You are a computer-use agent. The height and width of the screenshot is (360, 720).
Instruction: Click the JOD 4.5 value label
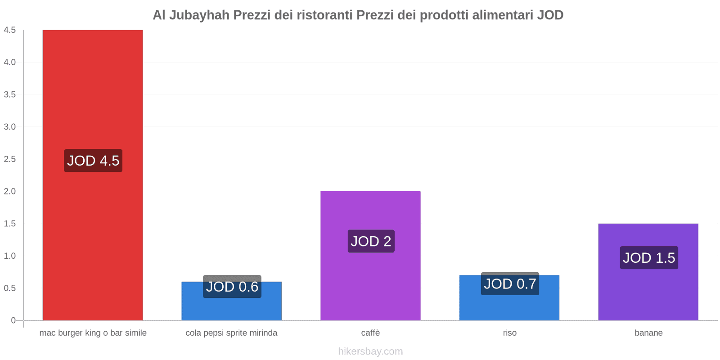(93, 161)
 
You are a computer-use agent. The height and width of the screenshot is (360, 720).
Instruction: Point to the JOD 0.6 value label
(232, 287)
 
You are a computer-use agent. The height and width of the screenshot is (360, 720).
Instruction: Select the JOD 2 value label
(371, 241)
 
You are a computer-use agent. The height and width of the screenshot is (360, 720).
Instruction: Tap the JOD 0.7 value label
(510, 284)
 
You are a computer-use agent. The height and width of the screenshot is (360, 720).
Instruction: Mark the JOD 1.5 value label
(649, 258)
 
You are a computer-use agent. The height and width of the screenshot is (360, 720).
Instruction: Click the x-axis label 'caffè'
(370, 333)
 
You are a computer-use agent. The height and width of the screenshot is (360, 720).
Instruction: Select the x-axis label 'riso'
(510, 333)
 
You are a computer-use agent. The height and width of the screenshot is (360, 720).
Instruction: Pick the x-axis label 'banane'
(648, 333)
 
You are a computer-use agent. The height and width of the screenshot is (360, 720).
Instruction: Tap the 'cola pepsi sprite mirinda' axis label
(231, 333)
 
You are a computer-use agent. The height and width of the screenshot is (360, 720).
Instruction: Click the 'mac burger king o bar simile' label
(93, 333)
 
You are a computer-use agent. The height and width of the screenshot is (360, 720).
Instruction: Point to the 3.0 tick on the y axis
(9, 127)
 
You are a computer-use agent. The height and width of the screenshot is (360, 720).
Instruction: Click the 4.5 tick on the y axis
(9, 30)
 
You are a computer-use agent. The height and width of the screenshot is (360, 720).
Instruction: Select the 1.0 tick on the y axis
(9, 256)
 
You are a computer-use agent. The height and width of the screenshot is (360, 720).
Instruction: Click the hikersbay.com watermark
(370, 351)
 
